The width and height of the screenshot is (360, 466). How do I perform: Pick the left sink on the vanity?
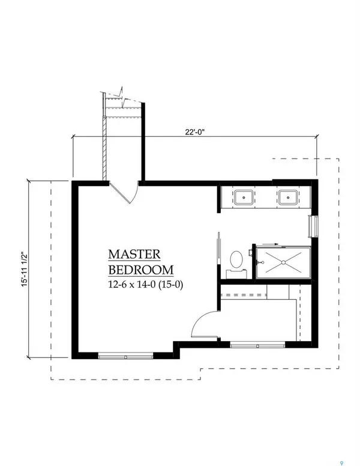244,196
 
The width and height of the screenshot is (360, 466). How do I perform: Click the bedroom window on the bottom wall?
122,356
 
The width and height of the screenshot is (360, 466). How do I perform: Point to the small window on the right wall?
311,226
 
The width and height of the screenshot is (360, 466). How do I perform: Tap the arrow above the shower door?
271,244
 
